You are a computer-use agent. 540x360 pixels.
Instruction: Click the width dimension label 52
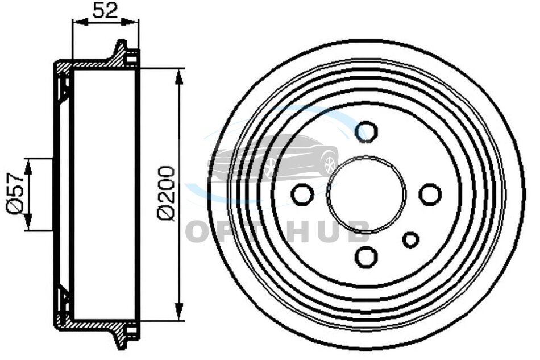point(105,10)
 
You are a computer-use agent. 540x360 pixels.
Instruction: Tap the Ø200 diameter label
point(166,193)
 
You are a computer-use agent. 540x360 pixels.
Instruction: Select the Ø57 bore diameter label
point(14,193)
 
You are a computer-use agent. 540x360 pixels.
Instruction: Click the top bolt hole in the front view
point(367,131)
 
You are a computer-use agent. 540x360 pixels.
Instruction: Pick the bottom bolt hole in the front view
point(367,257)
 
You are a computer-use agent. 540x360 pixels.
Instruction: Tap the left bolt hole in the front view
point(302,195)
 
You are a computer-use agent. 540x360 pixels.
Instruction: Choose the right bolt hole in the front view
point(430,195)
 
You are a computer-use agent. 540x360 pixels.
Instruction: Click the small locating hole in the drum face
point(411,240)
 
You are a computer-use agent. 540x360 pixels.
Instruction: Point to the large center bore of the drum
point(367,195)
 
